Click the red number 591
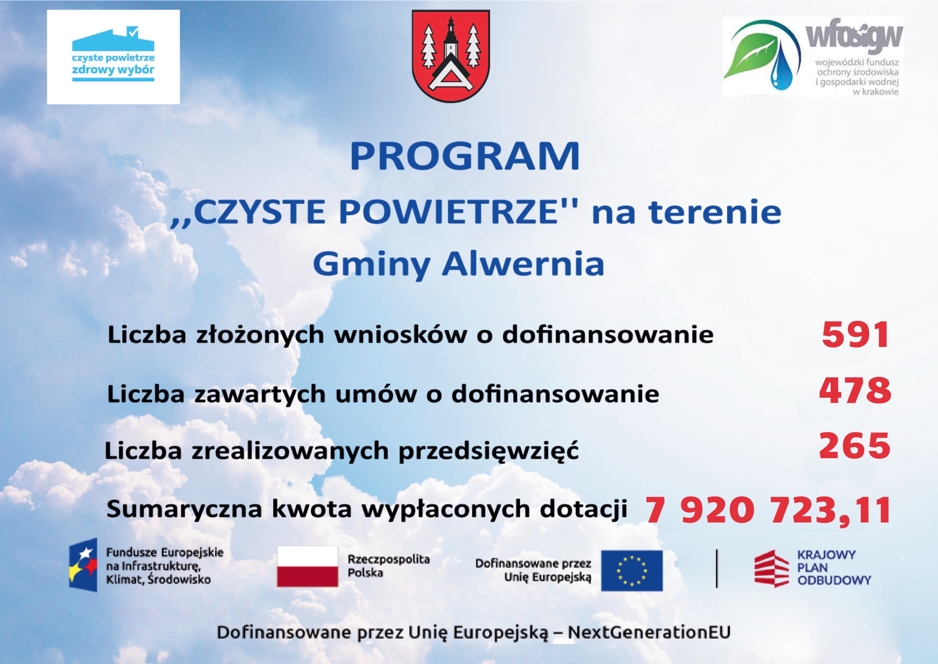855,334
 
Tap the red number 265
855,446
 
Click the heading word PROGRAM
465,156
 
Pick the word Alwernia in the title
523,264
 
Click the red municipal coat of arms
451,56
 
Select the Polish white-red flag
307,566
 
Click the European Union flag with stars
632,571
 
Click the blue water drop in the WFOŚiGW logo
781,72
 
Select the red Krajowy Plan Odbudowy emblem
771,569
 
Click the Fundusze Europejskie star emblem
83,565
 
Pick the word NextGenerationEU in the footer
649,632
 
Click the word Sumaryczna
184,510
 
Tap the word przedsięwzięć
488,451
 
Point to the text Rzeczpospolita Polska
389,566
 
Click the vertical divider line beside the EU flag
717,569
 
